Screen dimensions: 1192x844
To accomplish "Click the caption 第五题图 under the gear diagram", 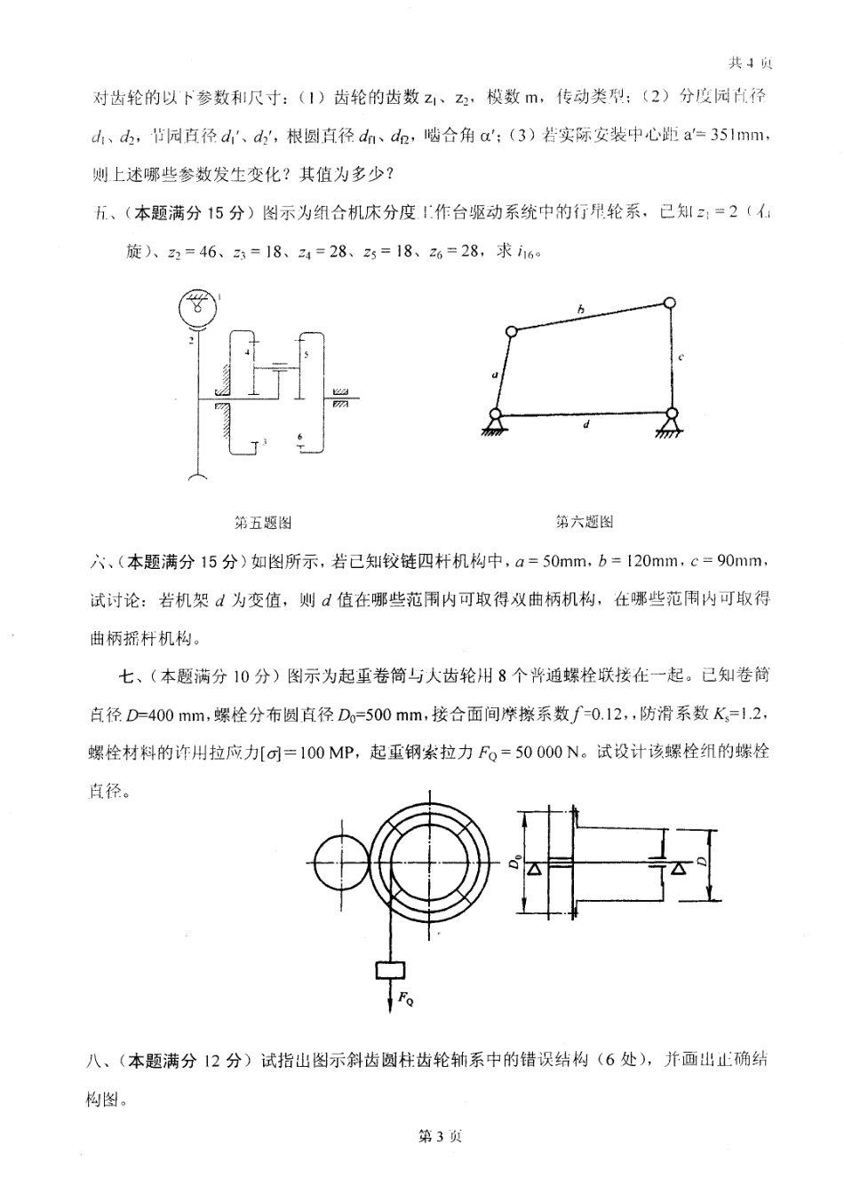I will (262, 523).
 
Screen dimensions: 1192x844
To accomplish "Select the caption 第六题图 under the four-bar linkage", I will (585, 522).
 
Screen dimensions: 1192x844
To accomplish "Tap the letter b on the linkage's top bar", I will (580, 310).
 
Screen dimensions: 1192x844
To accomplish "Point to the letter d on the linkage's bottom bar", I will (587, 424).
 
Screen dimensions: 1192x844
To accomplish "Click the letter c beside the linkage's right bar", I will (680, 357).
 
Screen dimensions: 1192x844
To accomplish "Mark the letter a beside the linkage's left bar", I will (494, 375).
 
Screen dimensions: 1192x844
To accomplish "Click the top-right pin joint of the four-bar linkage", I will (671, 304).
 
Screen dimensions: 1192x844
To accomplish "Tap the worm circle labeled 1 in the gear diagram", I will (196, 307).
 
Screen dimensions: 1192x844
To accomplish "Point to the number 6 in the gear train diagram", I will (300, 437).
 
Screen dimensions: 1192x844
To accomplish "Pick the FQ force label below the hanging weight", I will (404, 999).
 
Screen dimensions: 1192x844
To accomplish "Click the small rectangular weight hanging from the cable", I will (390, 970).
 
